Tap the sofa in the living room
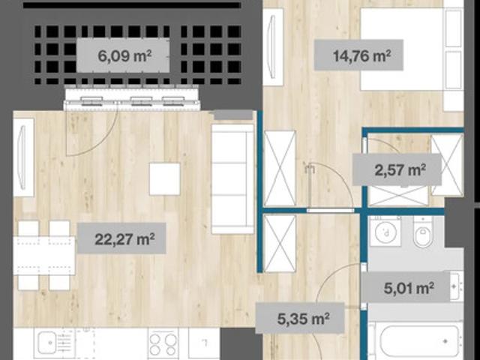[233, 178]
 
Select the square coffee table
[165, 179]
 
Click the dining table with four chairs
[44, 255]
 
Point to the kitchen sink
[46, 342]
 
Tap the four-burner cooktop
[163, 343]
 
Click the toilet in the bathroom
[423, 232]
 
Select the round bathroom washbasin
[385, 231]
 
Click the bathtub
[418, 340]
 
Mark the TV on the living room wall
[23, 157]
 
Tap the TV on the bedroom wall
[273, 46]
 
